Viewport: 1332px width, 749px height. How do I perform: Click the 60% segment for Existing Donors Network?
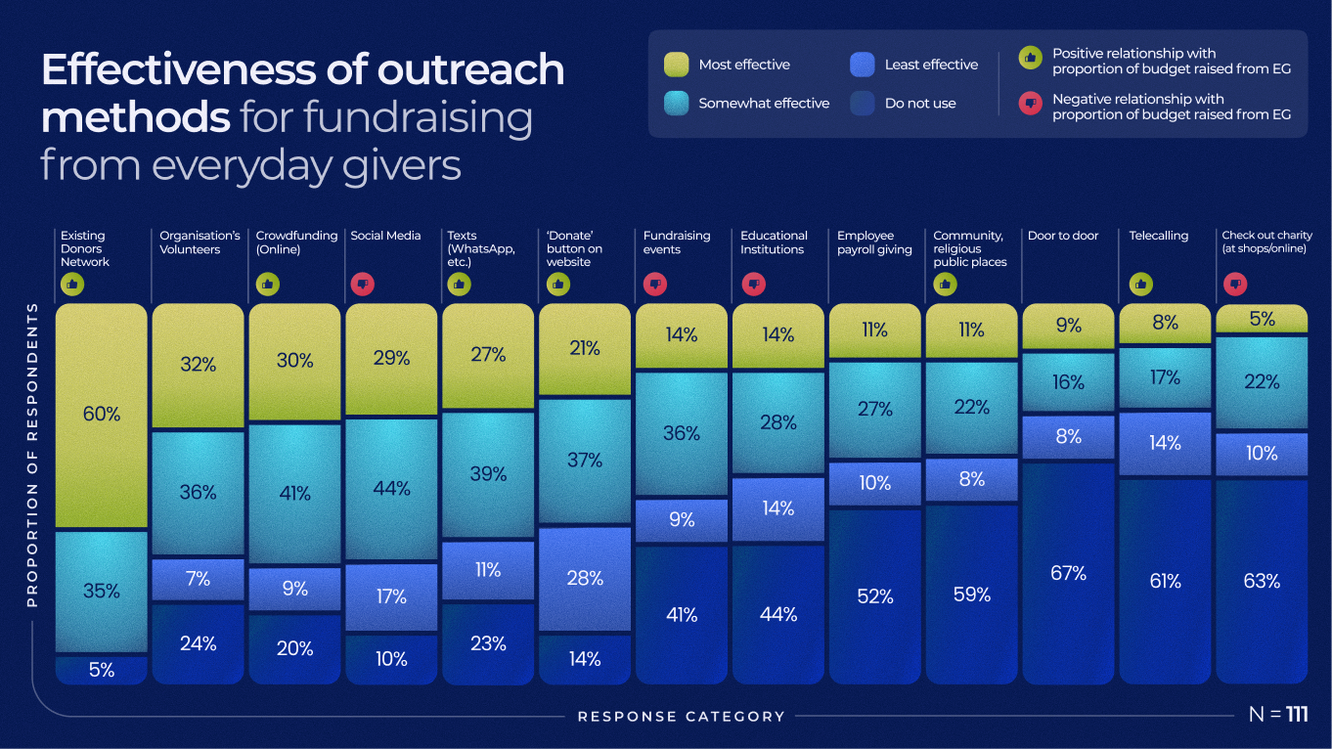[x=102, y=415]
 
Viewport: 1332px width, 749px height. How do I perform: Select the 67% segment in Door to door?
[x=1068, y=573]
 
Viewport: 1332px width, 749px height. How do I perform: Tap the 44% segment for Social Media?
[x=391, y=488]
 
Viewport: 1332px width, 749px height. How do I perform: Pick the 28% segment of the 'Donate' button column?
[x=585, y=578]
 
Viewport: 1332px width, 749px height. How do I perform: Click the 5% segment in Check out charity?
[x=1262, y=319]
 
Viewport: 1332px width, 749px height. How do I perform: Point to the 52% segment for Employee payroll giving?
[x=875, y=595]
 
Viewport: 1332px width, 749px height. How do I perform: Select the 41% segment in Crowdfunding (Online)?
[x=294, y=494]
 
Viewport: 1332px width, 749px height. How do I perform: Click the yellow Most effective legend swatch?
[x=675, y=65]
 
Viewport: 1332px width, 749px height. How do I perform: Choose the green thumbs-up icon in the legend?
[x=1029, y=58]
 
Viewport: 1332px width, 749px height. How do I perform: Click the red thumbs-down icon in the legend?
[x=1029, y=104]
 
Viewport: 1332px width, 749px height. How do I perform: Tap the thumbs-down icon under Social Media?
[x=362, y=285]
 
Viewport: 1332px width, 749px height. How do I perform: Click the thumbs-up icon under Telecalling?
[x=1140, y=285]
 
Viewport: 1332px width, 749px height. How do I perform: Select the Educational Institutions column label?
[x=774, y=242]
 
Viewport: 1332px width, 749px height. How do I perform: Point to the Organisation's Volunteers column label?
[x=200, y=242]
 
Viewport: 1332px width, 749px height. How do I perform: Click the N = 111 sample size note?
[x=1277, y=715]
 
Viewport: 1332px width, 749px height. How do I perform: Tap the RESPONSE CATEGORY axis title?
[x=681, y=717]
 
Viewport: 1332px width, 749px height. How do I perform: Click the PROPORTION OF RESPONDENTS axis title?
[x=32, y=454]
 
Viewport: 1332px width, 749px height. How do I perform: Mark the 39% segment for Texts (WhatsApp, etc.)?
[x=488, y=474]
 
